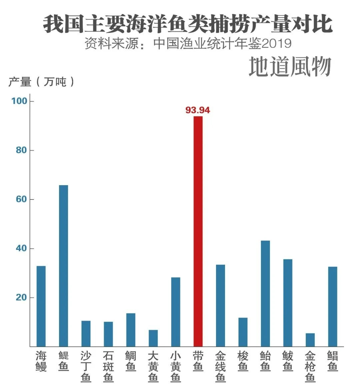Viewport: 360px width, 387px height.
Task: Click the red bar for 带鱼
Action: coord(198,231)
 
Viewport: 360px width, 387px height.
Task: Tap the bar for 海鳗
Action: coord(41,306)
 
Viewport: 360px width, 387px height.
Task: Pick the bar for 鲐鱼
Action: coord(265,293)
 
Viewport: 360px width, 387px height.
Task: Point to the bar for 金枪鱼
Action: coord(310,340)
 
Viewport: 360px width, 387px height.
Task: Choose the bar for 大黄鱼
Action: coord(153,338)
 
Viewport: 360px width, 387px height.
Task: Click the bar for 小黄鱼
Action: coord(176,312)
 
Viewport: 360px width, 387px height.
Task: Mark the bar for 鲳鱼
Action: coord(333,306)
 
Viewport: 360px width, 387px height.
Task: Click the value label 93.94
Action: coord(198,110)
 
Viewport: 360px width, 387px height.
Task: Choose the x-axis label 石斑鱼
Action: coord(108,367)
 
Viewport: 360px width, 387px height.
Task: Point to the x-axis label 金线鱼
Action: coord(220,367)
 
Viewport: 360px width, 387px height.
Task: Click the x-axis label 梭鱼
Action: coord(243,361)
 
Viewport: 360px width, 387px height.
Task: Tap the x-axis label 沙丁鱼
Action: coord(86,367)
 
